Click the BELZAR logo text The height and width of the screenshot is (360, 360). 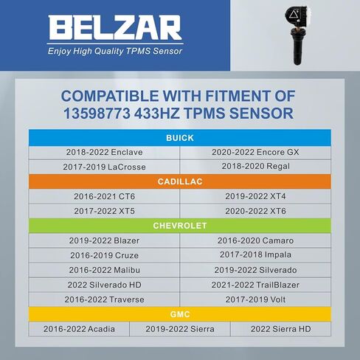(x=115, y=29)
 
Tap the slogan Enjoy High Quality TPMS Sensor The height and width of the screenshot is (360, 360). (x=114, y=52)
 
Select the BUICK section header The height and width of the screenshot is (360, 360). (x=180, y=138)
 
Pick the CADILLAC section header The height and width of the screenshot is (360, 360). (x=180, y=181)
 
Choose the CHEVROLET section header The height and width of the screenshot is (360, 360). (x=180, y=226)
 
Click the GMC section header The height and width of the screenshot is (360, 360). (x=180, y=314)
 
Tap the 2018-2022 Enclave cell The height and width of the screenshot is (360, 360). (x=104, y=152)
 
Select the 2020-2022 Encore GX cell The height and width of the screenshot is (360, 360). (x=255, y=152)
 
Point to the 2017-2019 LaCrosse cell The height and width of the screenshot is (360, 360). (x=104, y=167)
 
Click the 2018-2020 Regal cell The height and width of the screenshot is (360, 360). (x=255, y=167)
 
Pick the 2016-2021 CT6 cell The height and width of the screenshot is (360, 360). (x=104, y=196)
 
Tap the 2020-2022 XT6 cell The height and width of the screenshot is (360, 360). (x=255, y=211)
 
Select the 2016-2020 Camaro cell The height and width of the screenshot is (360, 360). (x=255, y=240)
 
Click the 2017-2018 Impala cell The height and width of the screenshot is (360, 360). (x=255, y=255)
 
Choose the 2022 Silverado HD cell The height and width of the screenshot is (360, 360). (x=104, y=285)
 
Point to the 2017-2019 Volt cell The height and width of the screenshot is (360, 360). (x=255, y=300)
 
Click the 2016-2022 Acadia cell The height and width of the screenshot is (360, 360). (x=79, y=329)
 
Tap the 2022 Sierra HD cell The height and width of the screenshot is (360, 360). (x=280, y=329)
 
